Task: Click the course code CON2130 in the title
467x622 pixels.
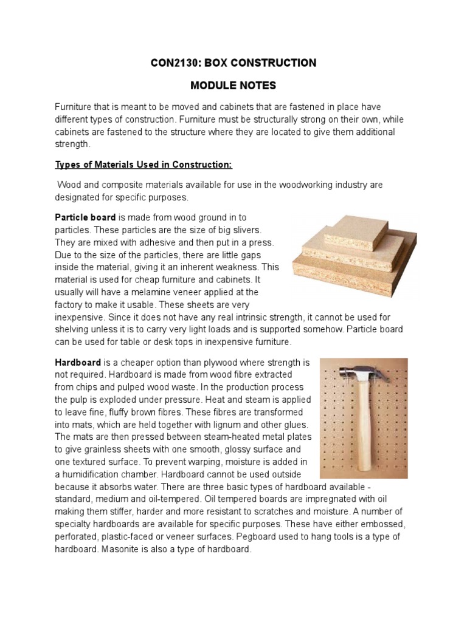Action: [175, 63]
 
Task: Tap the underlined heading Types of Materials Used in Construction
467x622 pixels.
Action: [144, 165]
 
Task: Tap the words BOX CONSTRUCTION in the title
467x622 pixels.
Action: [265, 63]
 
